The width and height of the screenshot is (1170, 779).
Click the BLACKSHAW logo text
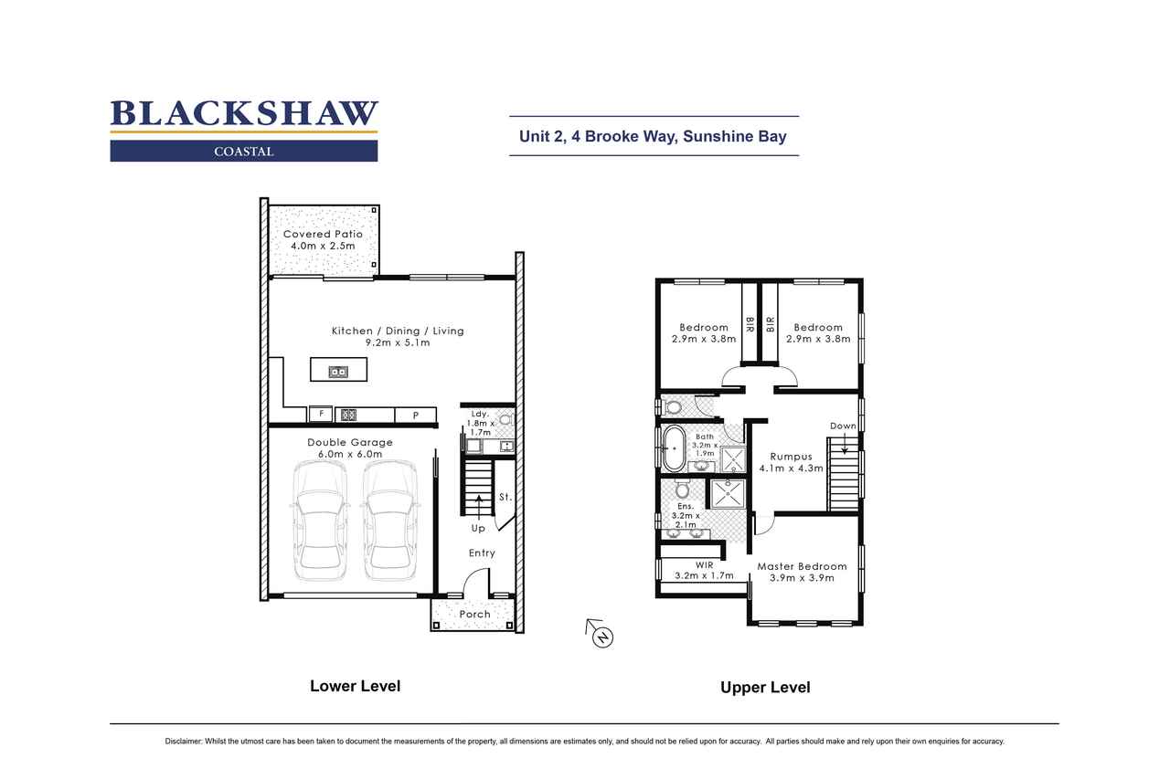click(x=244, y=113)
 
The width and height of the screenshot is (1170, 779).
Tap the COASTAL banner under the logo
click(x=244, y=152)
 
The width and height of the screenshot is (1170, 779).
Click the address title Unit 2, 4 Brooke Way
click(x=654, y=137)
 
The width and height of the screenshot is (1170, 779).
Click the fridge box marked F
click(x=320, y=415)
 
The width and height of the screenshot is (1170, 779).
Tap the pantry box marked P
click(x=416, y=416)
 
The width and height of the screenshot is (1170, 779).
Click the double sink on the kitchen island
click(x=338, y=371)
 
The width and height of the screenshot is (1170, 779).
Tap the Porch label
click(x=474, y=615)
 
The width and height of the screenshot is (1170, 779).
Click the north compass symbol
click(x=601, y=635)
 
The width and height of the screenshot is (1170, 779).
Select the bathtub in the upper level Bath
click(x=674, y=448)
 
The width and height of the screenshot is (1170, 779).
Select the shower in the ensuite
click(x=729, y=494)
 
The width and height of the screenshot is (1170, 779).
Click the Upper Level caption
click(x=765, y=688)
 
